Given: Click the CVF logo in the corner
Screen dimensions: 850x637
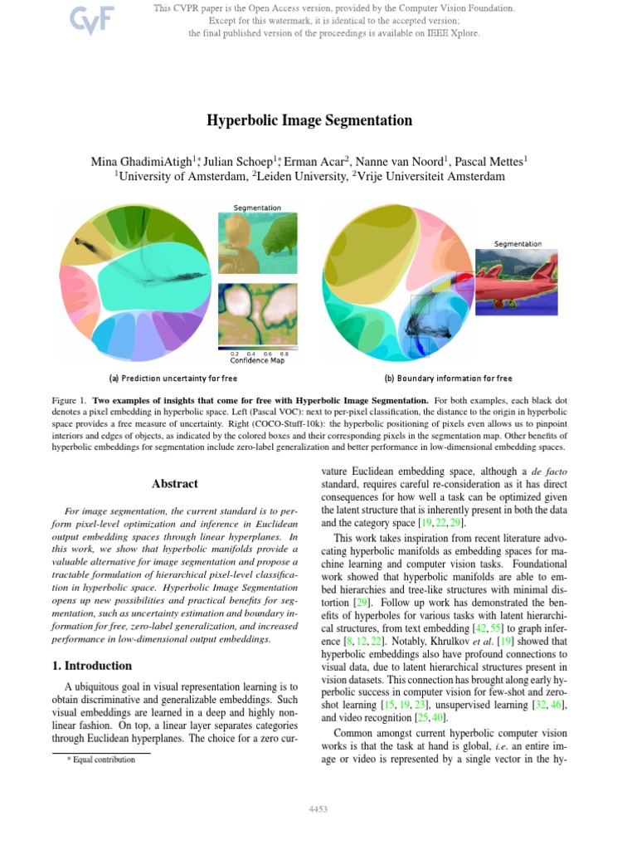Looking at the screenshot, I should click(x=69, y=20).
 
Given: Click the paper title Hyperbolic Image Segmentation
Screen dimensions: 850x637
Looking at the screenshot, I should click(x=309, y=120).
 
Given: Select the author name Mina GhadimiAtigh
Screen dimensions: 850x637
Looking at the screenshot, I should click(x=143, y=161).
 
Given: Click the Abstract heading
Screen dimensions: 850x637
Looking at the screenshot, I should click(x=175, y=483).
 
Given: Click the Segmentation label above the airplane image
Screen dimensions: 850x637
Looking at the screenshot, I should click(x=518, y=244).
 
